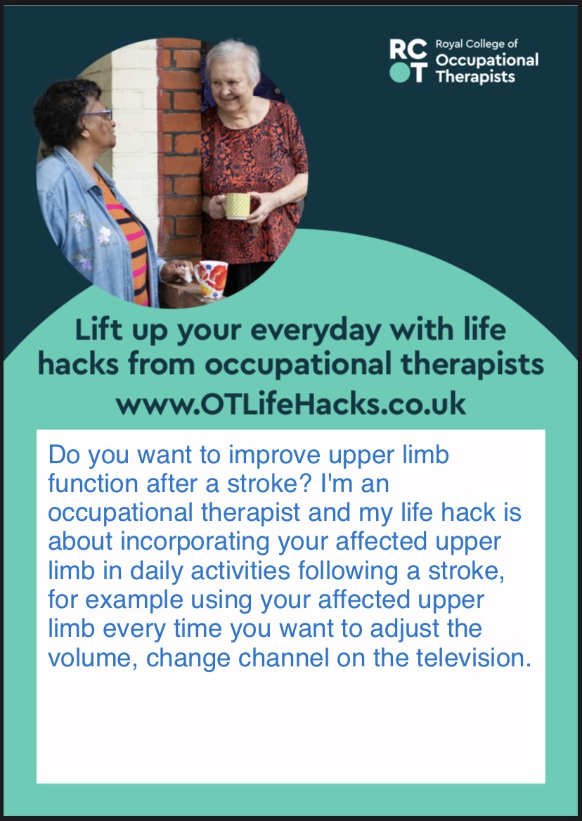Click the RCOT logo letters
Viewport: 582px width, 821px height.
[x=408, y=60]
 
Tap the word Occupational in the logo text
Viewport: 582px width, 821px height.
[x=487, y=60]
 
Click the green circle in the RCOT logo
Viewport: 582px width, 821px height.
[x=399, y=73]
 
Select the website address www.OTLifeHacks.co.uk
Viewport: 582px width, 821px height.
[x=290, y=404]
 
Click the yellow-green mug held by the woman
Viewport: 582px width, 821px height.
[x=237, y=205]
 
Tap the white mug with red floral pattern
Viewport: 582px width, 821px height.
[x=210, y=278]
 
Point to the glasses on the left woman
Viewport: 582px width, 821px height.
[x=98, y=115]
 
